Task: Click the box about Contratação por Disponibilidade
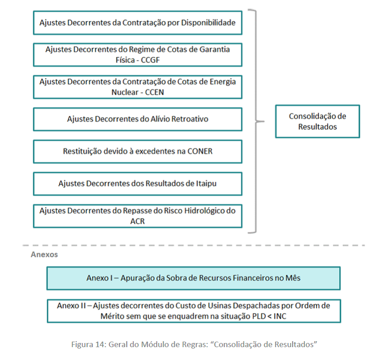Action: (x=138, y=22)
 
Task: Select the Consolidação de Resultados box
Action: (x=318, y=121)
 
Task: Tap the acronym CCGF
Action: (x=150, y=60)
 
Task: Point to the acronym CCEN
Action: (x=154, y=92)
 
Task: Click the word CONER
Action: (x=200, y=152)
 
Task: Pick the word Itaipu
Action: (x=207, y=184)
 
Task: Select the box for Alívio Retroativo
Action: (x=138, y=119)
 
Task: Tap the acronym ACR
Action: (x=137, y=221)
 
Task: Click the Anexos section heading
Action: (x=45, y=254)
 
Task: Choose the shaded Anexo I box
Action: (x=194, y=278)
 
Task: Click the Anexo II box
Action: (x=194, y=311)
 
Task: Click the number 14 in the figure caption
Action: (x=100, y=344)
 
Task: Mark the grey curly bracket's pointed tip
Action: (x=264, y=122)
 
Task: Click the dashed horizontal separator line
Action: (x=194, y=245)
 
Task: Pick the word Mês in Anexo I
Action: (x=293, y=278)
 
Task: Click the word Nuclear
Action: (x=125, y=92)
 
